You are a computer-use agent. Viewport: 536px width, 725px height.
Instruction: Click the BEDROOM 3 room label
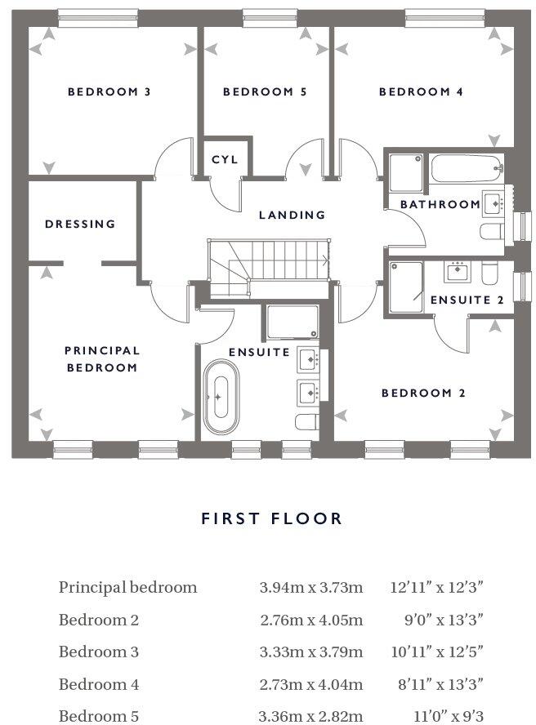[x=109, y=92]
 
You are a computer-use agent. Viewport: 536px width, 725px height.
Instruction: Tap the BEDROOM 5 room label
[x=265, y=92]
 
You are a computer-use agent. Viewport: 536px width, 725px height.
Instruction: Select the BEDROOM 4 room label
[x=421, y=92]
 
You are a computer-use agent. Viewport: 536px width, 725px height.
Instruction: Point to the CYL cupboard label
[x=225, y=160]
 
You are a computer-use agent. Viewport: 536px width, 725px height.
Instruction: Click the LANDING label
[x=292, y=216]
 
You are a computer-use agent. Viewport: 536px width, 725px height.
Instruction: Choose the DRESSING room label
[x=80, y=224]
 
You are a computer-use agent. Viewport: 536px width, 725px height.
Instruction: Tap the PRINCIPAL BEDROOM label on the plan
[x=102, y=359]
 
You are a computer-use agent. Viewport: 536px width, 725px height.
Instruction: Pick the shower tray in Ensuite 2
[x=405, y=287]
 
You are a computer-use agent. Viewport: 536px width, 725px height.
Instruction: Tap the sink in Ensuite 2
[x=458, y=269]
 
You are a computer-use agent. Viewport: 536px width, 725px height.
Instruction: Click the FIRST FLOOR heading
[x=272, y=518]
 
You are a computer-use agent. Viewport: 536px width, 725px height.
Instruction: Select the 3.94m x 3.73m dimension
[x=310, y=587]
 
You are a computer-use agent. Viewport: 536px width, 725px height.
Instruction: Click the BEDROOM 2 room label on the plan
[x=423, y=394]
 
